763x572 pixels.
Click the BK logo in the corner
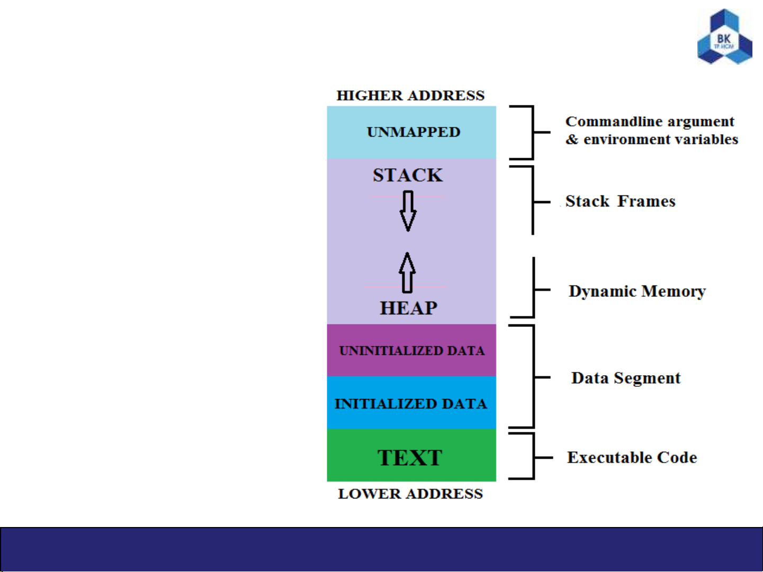click(x=725, y=37)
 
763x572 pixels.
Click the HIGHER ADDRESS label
click(x=410, y=95)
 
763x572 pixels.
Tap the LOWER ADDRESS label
click(x=410, y=494)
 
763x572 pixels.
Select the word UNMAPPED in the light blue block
click(x=414, y=132)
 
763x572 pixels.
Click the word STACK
click(x=408, y=175)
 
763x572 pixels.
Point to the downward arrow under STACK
click(x=408, y=211)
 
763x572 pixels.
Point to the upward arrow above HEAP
click(x=407, y=273)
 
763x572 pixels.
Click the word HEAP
click(x=408, y=308)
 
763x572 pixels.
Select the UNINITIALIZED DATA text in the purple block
click(x=412, y=351)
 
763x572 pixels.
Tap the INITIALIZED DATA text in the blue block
click(x=411, y=404)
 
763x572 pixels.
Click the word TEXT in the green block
click(x=410, y=458)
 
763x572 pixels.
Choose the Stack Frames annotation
click(x=621, y=202)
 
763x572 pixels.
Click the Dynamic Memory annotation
click(x=637, y=292)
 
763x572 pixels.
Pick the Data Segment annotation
click(x=626, y=378)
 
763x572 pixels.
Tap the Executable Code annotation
click(x=632, y=457)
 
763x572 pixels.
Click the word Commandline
click(x=614, y=122)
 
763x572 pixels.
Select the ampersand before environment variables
click(x=572, y=139)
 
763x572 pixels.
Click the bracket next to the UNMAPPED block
click(x=533, y=132)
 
